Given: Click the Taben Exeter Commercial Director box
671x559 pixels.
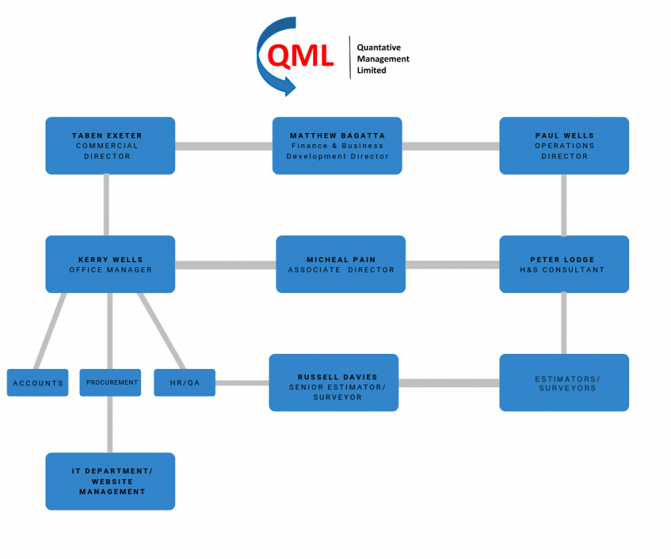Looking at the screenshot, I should click(x=110, y=145).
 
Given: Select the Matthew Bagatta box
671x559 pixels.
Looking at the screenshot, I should click(x=337, y=145).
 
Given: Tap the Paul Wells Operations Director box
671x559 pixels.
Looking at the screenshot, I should click(x=564, y=145).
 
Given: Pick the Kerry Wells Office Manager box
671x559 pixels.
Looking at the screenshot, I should click(x=110, y=264).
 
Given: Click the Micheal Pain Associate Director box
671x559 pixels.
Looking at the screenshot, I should click(x=341, y=264).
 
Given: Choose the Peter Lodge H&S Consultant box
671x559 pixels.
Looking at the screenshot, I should click(x=564, y=264).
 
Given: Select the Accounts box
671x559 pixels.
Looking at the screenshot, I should click(x=37, y=383).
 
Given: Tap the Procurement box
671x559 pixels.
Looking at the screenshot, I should click(x=110, y=383).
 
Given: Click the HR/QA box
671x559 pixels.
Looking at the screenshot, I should click(x=184, y=383).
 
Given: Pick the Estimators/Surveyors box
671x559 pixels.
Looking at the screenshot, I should click(x=564, y=383).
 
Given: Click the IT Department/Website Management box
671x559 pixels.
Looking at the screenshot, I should click(x=110, y=481).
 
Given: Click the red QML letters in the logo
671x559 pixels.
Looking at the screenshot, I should click(x=301, y=58).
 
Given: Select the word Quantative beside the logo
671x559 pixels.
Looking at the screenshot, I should click(x=379, y=47).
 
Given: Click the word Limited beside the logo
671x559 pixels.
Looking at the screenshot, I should click(x=372, y=70).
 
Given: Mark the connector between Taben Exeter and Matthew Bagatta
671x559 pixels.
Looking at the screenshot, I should click(x=223, y=146).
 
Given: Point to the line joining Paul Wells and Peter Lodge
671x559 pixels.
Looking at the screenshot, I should click(x=564, y=204).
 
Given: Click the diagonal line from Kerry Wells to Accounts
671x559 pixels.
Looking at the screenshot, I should click(x=50, y=331).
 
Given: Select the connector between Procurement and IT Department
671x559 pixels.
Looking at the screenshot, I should click(x=110, y=424).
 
